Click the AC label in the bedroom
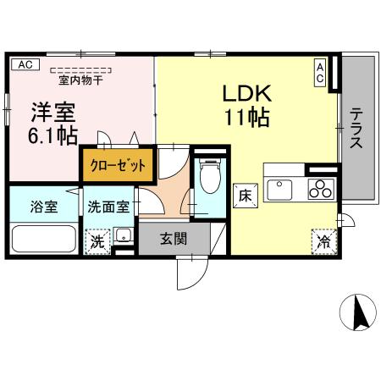coord(25,64)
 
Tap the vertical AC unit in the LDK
coord(321,73)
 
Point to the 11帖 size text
coord(247,116)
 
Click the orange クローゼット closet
coord(119,164)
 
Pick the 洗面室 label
coord(111,206)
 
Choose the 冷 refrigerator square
coord(324,240)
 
